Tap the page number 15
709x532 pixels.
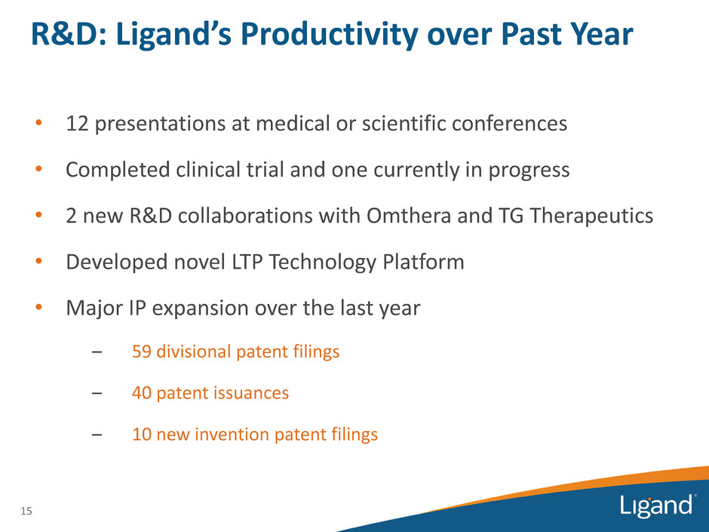tap(26, 511)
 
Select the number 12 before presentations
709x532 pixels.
tap(77, 124)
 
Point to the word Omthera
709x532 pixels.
tap(409, 216)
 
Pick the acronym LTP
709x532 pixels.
tap(247, 262)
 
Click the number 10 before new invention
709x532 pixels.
tap(142, 435)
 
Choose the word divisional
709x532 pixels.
tap(194, 352)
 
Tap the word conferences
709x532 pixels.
tap(509, 124)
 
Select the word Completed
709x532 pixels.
tap(118, 171)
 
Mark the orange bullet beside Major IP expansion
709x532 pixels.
tap(39, 308)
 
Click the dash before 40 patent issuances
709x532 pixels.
tap(97, 393)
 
